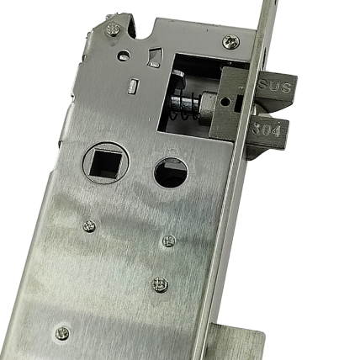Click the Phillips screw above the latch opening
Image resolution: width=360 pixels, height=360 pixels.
pyautogui.click(x=231, y=42)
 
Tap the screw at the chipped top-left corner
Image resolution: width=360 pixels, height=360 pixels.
pyautogui.click(x=114, y=29)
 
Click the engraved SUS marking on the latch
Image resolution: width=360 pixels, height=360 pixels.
pyautogui.click(x=274, y=87)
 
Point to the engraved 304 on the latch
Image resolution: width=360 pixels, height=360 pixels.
pyautogui.click(x=266, y=130)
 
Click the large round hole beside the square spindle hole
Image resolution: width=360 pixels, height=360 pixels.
pyautogui.click(x=171, y=172)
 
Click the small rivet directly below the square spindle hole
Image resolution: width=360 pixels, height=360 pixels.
pyautogui.click(x=89, y=225)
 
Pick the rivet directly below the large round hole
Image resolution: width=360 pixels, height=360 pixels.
pyautogui.click(x=169, y=241)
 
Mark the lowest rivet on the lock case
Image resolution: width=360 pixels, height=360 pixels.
pyautogui.click(x=62, y=333)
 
